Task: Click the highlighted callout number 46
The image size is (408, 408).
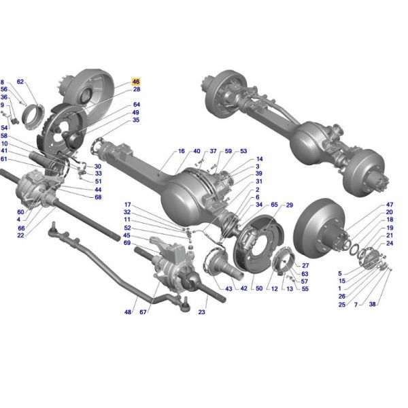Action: (x=136, y=82)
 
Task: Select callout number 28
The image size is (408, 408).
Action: (x=137, y=89)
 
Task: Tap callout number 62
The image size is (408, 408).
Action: (x=20, y=82)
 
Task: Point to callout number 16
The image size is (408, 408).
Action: (x=182, y=151)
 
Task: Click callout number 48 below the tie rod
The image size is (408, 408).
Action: (x=128, y=311)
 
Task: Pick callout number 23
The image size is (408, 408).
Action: (x=202, y=311)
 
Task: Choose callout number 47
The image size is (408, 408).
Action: (x=390, y=205)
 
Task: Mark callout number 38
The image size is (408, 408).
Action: (x=373, y=304)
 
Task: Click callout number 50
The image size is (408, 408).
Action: (x=259, y=288)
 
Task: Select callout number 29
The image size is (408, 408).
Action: (x=290, y=205)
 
